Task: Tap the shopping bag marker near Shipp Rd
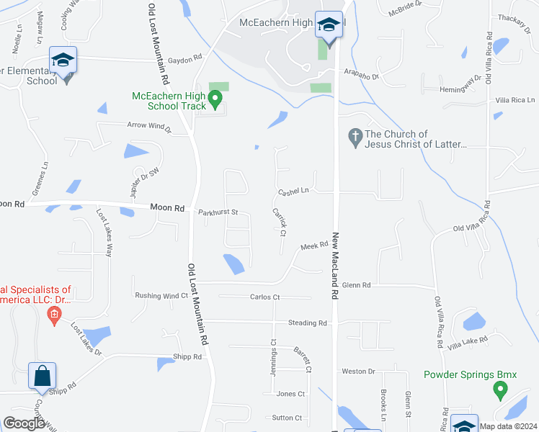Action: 42,376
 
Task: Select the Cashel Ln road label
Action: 293,191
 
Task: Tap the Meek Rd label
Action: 314,246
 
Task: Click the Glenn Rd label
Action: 356,285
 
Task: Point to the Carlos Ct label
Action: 264,297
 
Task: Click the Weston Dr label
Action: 359,371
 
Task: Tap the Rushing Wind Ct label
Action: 161,295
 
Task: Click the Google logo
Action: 24,423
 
